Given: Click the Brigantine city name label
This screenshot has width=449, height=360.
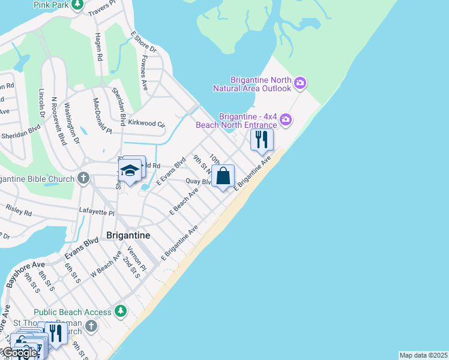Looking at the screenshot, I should tap(128, 235).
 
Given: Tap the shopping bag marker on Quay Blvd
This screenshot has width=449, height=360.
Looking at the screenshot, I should tap(223, 177).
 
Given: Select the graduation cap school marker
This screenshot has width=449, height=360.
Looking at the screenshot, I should tap(130, 171).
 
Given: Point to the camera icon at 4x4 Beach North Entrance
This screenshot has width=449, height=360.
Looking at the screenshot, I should tap(286, 119).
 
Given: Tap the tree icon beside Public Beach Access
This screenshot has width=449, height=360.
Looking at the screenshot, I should tap(121, 312).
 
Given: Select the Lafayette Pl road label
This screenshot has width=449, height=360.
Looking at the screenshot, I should tap(97, 212).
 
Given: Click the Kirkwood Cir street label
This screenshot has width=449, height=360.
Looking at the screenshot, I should tap(146, 123).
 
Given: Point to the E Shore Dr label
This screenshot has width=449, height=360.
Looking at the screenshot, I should tap(143, 43).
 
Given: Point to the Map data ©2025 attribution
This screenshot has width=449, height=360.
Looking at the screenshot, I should tap(423, 355).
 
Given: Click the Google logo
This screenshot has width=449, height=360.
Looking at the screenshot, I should tap(19, 353).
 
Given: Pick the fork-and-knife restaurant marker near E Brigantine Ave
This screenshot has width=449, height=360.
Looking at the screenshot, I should tap(262, 140).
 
